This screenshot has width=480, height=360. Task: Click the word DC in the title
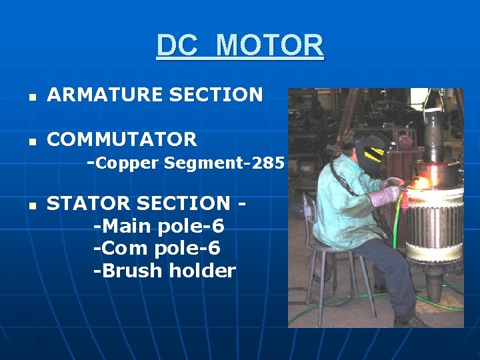177,45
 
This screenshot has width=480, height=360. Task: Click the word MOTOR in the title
270,45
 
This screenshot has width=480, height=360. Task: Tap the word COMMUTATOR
122,139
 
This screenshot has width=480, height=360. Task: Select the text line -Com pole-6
157,249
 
